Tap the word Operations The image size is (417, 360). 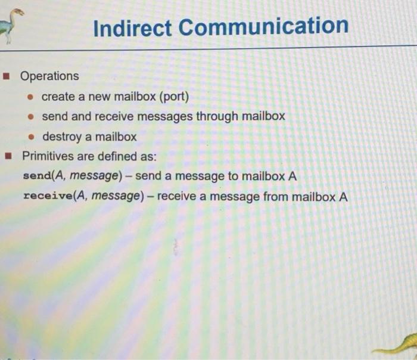tap(49, 76)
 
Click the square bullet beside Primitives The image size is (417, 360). tap(8, 157)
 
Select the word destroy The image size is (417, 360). tap(62, 137)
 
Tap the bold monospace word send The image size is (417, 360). tap(36, 177)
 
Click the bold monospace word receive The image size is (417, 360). tap(46, 197)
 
